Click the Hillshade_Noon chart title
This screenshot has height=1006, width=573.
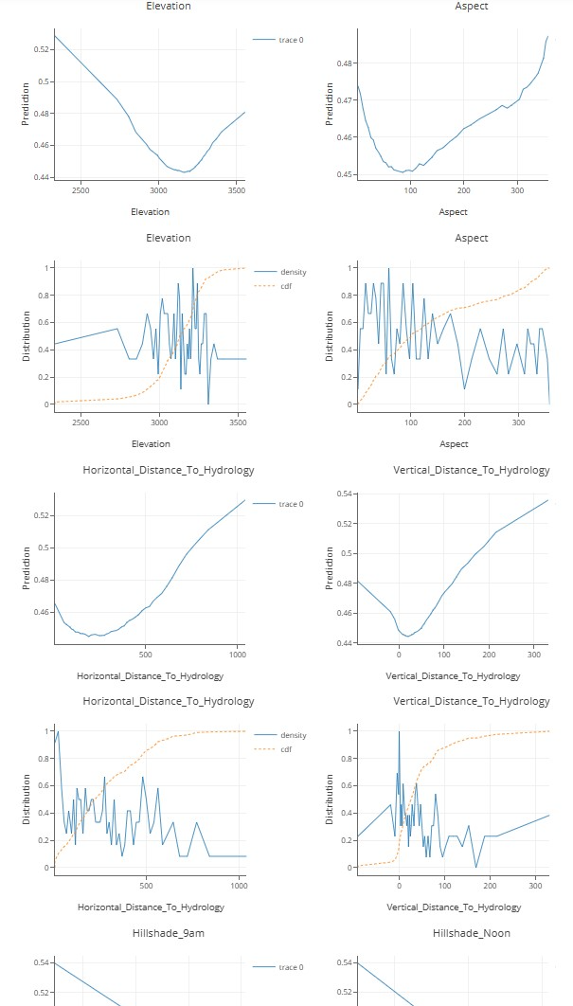(471, 933)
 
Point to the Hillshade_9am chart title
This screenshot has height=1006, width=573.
(169, 933)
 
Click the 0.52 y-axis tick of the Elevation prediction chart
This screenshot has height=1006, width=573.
(42, 48)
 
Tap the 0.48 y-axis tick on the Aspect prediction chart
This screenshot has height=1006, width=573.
(344, 63)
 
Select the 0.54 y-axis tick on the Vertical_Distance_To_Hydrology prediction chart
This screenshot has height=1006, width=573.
(344, 494)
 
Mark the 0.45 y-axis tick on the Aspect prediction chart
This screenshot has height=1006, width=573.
(344, 174)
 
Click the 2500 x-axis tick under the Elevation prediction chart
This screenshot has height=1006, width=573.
(81, 190)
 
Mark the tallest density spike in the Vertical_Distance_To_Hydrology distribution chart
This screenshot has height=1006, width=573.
(399, 731)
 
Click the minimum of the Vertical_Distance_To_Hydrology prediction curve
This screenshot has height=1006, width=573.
(406, 636)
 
